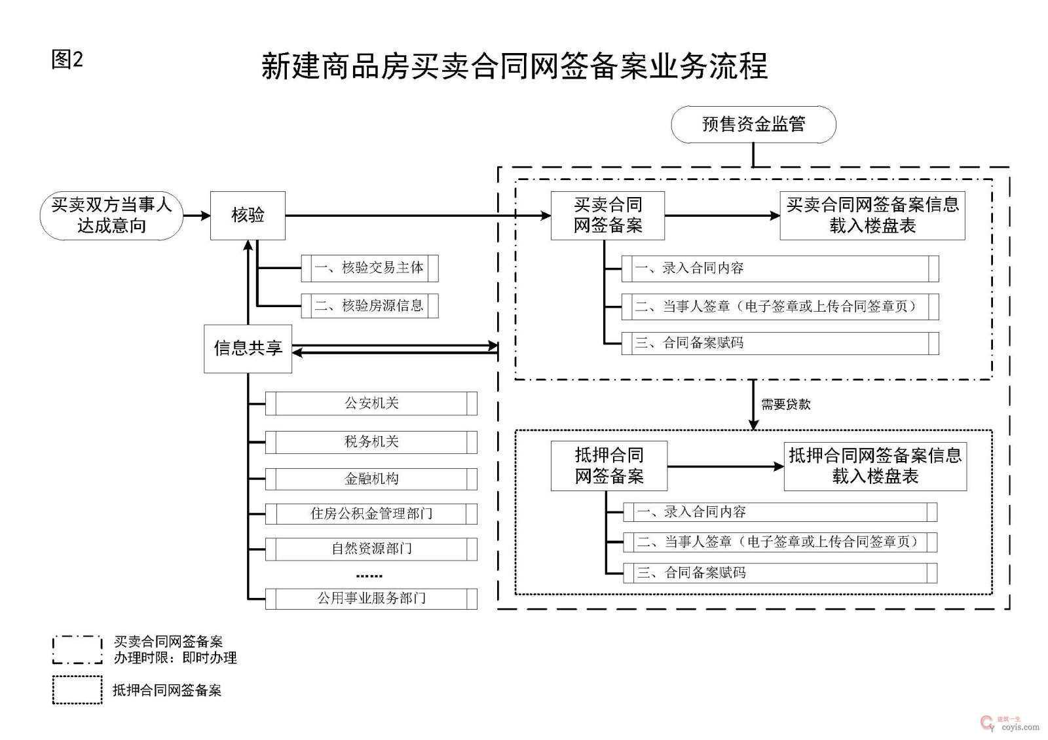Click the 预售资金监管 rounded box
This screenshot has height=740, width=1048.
click(x=753, y=124)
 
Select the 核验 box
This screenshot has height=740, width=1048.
click(x=248, y=215)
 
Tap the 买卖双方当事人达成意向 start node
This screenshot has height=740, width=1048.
click(x=111, y=215)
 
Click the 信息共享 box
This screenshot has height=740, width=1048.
click(x=248, y=348)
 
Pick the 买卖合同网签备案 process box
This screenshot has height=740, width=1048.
click(x=608, y=215)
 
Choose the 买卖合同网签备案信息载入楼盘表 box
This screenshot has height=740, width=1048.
click(x=872, y=215)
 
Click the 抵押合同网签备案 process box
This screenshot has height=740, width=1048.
click(x=609, y=466)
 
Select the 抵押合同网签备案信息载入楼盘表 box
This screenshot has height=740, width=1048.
click(x=875, y=466)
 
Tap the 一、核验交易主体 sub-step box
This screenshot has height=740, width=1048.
click(x=369, y=268)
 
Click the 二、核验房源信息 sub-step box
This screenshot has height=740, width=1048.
click(x=369, y=306)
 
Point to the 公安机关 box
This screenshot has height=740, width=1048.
click(x=371, y=403)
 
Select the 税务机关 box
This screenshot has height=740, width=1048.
click(x=371, y=442)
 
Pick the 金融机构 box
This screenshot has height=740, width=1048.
click(x=371, y=479)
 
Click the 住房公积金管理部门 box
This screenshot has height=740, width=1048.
click(x=371, y=514)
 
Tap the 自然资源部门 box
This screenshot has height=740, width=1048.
click(x=371, y=549)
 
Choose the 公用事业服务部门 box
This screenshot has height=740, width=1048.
click(x=371, y=599)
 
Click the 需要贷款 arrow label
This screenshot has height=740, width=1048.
click(x=785, y=405)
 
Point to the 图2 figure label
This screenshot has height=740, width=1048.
click(x=67, y=60)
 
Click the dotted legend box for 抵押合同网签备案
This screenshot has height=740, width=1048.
click(x=77, y=690)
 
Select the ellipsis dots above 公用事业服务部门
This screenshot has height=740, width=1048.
click(x=369, y=576)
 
